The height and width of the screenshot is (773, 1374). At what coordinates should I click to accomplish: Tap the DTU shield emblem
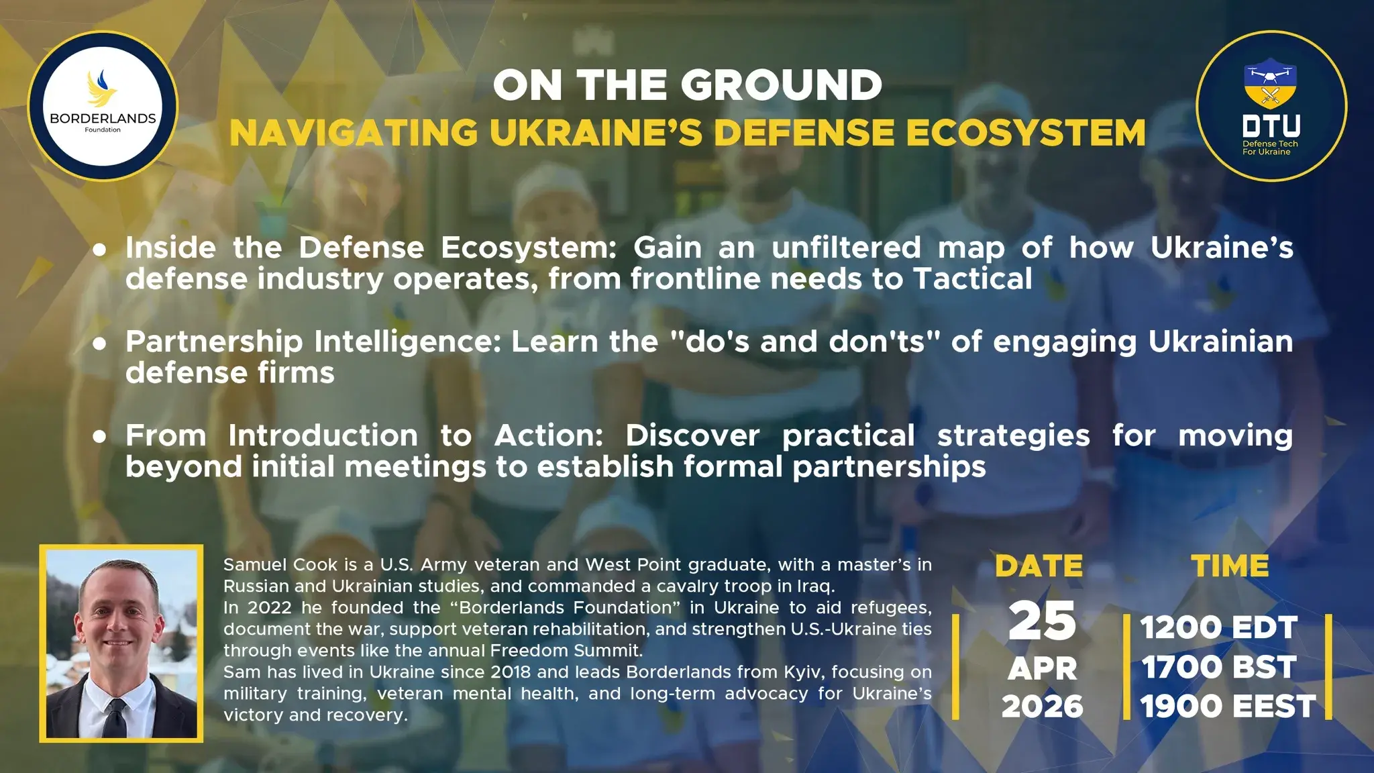click(x=1270, y=84)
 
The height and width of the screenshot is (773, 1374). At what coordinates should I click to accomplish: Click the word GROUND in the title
click(x=782, y=85)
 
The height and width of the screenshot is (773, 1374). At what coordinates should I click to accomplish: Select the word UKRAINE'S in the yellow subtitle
click(x=596, y=132)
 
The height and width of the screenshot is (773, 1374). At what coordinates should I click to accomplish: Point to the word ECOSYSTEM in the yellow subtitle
click(x=1027, y=132)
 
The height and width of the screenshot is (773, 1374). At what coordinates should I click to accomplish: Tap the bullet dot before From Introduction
click(x=100, y=437)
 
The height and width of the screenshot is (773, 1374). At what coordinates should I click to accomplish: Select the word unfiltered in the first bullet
click(x=846, y=248)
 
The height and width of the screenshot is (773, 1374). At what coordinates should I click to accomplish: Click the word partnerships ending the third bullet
click(x=889, y=467)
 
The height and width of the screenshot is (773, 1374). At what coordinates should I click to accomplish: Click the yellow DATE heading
click(x=1039, y=566)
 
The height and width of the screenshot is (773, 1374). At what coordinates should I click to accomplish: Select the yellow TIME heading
click(x=1230, y=566)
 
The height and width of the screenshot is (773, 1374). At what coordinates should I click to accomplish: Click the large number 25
click(x=1042, y=621)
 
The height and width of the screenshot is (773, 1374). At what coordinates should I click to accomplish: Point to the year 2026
click(x=1043, y=707)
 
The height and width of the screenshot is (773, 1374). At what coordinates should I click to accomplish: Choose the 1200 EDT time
click(x=1218, y=628)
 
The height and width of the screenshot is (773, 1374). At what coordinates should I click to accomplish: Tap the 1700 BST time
click(x=1219, y=667)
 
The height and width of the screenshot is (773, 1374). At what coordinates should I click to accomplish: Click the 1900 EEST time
click(x=1228, y=707)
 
